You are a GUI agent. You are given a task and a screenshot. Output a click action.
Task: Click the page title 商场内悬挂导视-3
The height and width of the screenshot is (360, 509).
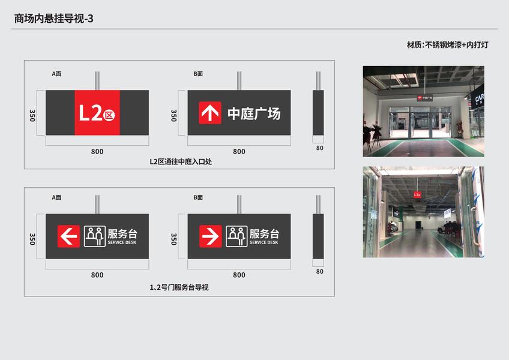(x=54, y=19)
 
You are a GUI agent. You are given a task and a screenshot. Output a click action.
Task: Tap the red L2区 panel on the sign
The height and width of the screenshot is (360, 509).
(x=97, y=113)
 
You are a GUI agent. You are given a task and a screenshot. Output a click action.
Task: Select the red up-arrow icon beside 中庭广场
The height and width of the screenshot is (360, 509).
(x=210, y=113)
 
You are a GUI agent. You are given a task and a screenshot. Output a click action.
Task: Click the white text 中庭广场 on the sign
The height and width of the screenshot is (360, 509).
(x=254, y=113)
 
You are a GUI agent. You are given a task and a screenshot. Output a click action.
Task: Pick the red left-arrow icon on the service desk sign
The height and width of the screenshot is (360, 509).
(x=68, y=236)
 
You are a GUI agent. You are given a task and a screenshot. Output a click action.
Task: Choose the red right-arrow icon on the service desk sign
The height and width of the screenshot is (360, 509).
(x=210, y=236)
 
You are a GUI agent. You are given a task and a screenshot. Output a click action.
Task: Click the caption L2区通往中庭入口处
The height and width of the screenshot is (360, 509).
(x=179, y=161)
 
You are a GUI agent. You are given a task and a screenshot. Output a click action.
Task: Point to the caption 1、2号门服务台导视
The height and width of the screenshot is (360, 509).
(x=179, y=287)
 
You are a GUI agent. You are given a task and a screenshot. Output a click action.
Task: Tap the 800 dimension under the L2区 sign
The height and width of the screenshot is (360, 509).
(x=97, y=151)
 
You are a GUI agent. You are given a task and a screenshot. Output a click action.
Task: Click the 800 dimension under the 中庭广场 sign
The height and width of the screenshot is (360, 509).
(x=239, y=151)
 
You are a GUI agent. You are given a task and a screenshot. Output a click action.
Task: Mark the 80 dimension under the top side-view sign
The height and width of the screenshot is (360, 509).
(x=319, y=148)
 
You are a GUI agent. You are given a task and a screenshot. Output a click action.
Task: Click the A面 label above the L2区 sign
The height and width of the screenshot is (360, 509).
(x=56, y=74)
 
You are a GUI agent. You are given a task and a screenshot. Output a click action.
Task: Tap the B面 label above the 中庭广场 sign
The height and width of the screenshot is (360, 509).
(x=198, y=74)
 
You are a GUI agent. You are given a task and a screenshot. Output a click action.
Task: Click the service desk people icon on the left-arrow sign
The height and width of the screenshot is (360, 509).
(x=94, y=236)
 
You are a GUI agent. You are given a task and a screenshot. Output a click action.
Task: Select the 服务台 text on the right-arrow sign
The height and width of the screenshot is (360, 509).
(x=264, y=234)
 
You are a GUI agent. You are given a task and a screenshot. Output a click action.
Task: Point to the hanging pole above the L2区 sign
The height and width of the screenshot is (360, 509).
(x=97, y=80)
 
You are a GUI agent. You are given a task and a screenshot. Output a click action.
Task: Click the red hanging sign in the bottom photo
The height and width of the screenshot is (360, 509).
(x=417, y=194)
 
